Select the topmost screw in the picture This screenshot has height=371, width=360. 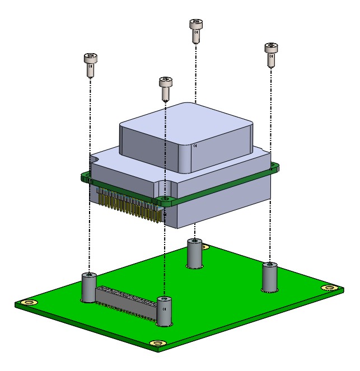coord(195,29)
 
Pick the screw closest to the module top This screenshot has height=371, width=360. coord(166,87)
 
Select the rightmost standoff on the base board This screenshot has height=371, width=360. coord(270,276)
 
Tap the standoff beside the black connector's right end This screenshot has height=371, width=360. coord(164,312)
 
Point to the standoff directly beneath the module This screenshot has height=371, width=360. coord(194,255)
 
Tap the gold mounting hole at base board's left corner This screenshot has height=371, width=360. coord(27,303)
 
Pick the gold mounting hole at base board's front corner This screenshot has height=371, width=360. coord(157,342)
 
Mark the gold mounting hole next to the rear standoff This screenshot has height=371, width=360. coord(205,247)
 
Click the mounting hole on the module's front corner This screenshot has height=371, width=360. coord(163,199)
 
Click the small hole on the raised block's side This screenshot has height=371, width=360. coord(195,146)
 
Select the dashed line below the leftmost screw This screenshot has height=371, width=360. coord(90,168)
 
